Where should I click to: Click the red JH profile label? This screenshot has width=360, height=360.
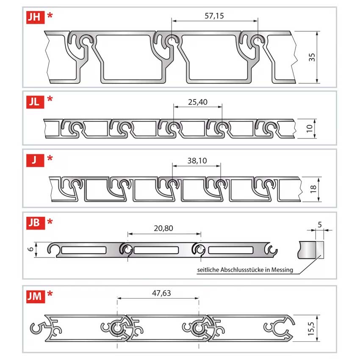coord(35,17)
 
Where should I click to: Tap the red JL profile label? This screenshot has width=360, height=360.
coord(35,102)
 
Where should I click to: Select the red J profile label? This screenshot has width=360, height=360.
coord(35,160)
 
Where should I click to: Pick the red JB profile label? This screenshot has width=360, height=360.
coord(36,223)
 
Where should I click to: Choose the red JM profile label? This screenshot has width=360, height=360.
coord(36,296)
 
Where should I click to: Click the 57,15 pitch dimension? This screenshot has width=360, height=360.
coord(214,16)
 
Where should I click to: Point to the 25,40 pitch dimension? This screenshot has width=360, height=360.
coord(198,102)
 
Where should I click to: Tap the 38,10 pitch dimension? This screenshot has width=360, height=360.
coord(197,161)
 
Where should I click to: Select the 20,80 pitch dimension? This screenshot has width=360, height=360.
coord(163,228)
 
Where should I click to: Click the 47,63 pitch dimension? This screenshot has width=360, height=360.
coord(161,293)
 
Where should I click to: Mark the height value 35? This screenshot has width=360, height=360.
coord(312,57)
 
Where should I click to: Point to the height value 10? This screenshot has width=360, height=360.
coord(310,129)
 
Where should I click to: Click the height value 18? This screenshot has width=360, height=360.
coord(313,189)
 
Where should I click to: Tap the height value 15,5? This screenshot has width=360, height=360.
coord(311,329)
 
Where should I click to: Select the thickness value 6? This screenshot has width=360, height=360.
coord(31,249)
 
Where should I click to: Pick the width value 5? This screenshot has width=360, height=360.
coord(320,225)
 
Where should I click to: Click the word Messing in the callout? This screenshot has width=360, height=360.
coord(282,270)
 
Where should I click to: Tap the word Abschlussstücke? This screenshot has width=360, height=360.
coord(242,269)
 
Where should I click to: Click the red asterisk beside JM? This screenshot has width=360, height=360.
coord(50,294)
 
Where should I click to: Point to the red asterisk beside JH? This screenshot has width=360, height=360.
coord(50,15)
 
